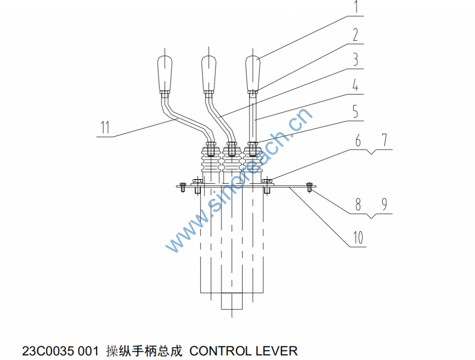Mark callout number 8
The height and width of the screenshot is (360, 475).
(358, 205)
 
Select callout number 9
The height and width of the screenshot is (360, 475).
(384, 205)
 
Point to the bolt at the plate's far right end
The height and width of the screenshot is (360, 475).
(309, 187)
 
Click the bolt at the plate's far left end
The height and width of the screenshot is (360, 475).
(182, 187)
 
